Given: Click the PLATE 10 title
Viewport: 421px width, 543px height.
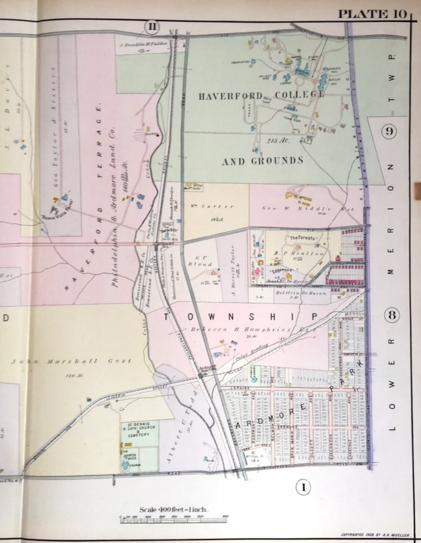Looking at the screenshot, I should point(372,13).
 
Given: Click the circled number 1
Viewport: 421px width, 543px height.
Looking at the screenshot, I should point(303,487).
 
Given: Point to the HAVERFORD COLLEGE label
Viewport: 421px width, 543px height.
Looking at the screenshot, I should point(261,95).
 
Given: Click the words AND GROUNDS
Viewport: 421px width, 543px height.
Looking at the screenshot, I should point(262,160).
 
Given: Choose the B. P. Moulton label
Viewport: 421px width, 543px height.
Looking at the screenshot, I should point(293,254).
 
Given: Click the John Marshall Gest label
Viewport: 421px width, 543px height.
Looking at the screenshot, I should point(71,361).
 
